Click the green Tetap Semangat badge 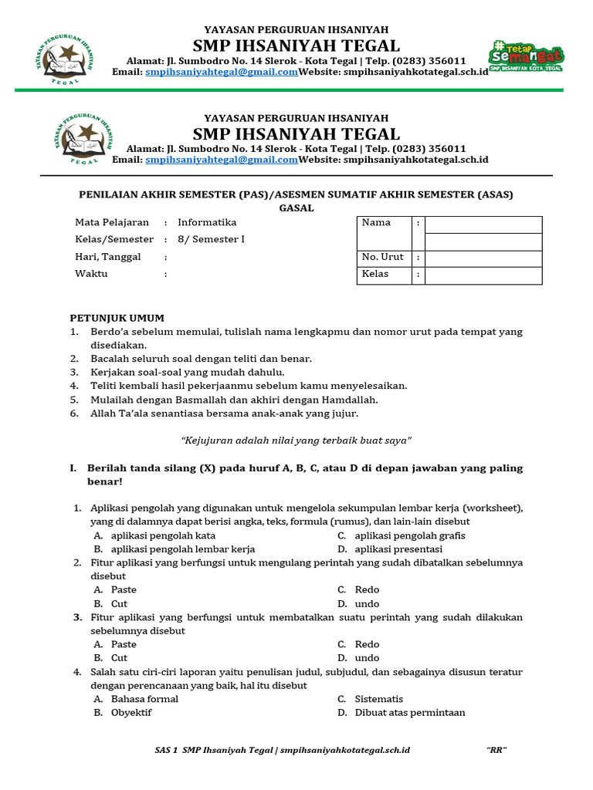pyautogui.click(x=525, y=56)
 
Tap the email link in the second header pyautogui.click(x=222, y=160)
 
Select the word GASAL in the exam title pyautogui.click(x=296, y=208)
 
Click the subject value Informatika pyautogui.click(x=207, y=222)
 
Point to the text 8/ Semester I pyautogui.click(x=211, y=239)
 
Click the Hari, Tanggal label pyautogui.click(x=108, y=257)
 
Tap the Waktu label pyautogui.click(x=91, y=274)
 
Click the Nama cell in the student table pyautogui.click(x=376, y=223)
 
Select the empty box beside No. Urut pyautogui.click(x=483, y=258)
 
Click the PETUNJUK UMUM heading pyautogui.click(x=117, y=318)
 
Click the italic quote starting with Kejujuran pyautogui.click(x=296, y=440)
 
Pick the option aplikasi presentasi pyautogui.click(x=398, y=549)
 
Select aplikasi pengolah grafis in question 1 pyautogui.click(x=410, y=535)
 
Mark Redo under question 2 pyautogui.click(x=367, y=590)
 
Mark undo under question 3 pyautogui.click(x=367, y=658)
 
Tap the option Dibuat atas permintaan pyautogui.click(x=410, y=713)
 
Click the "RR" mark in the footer pyautogui.click(x=496, y=750)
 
